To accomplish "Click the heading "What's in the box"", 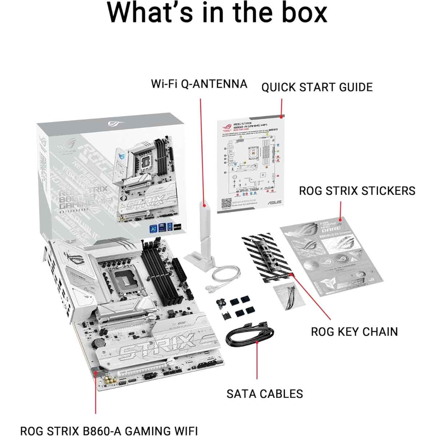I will pyautogui.click(x=217, y=13).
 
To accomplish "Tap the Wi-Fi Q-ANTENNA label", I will pyautogui.click(x=199, y=84).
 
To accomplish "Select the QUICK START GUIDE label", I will pyautogui.click(x=317, y=87).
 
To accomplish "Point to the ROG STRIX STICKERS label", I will pyautogui.click(x=357, y=190).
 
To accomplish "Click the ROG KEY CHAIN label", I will pyautogui.click(x=354, y=331).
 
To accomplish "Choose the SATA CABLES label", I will pyautogui.click(x=265, y=393).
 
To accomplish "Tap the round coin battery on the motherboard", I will pyautogui.click(x=98, y=342).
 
